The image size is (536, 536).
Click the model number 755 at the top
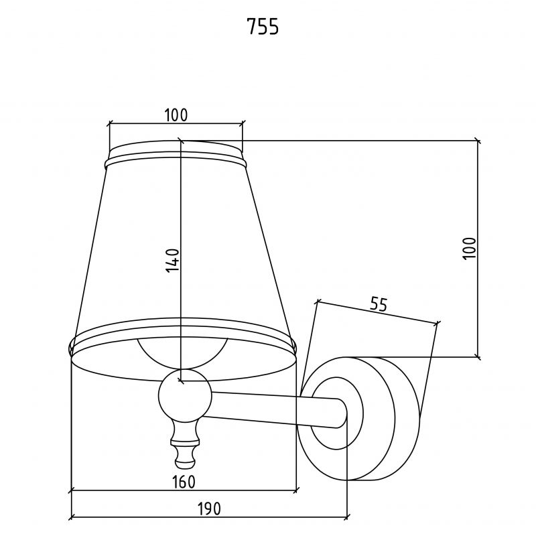point(263,27)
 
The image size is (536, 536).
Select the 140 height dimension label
point(173,261)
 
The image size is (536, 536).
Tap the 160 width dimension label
point(184,482)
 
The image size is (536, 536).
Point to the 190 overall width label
point(209,509)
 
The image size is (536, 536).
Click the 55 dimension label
point(379,304)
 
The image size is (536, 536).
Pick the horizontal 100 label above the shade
point(176,115)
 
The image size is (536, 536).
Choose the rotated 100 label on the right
point(470,249)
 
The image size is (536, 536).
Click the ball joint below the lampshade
point(185,395)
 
